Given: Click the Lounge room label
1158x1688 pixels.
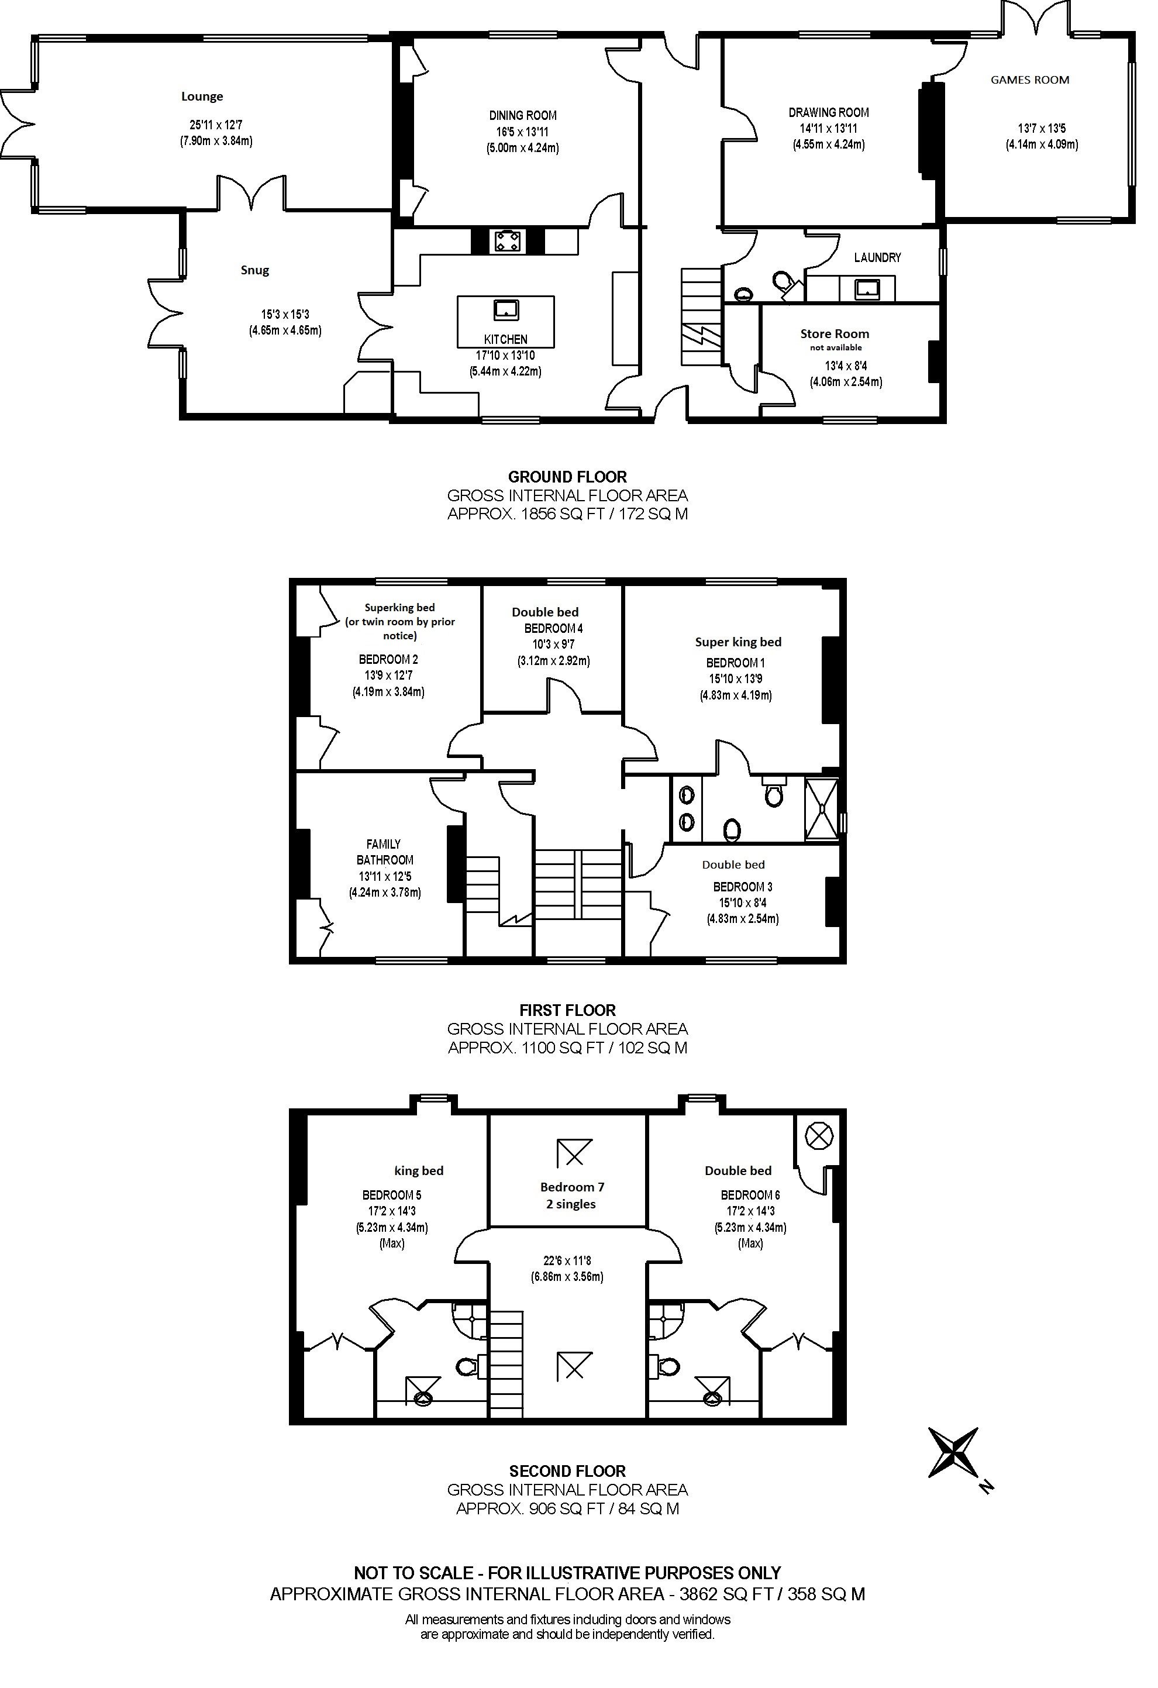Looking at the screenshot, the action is [202, 97].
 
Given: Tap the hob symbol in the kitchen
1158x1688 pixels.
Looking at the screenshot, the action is [506, 240].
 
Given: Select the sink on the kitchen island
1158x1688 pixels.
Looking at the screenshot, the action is [506, 310].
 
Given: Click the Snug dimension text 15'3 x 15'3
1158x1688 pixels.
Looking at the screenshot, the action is [285, 315].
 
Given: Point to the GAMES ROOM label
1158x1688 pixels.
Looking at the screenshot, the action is [1029, 80].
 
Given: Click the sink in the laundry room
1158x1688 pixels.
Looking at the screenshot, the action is [867, 289].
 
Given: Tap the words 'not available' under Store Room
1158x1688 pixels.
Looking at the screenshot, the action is [835, 348].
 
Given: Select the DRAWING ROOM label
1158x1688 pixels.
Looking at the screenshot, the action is [829, 112].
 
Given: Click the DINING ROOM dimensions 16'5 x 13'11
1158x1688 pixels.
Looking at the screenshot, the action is [522, 132].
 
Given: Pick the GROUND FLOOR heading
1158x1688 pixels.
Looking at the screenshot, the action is [567, 477].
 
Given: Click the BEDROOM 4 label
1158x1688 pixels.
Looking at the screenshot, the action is [554, 628].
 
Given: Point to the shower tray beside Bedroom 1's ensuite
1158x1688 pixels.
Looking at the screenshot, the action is [822, 809].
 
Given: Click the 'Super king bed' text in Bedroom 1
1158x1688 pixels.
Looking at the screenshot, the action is [738, 642].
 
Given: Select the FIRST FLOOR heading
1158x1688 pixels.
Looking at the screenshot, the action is [567, 1010].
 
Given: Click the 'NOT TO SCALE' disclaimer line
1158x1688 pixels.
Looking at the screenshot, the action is [567, 1573].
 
